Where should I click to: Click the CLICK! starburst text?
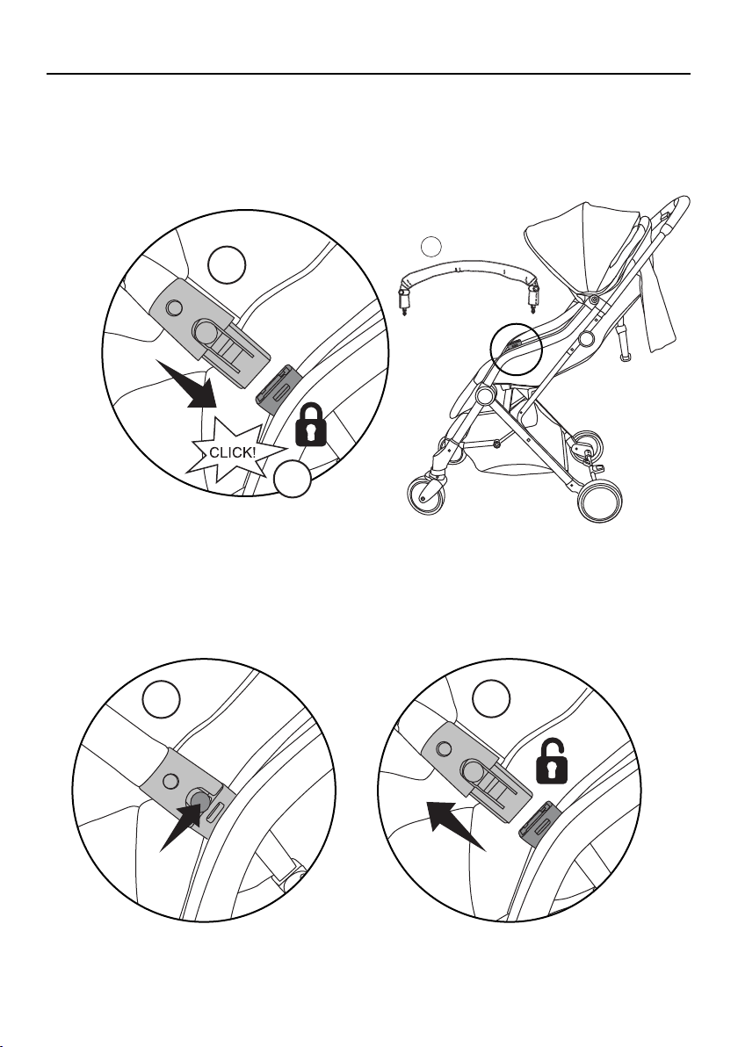click(233, 452)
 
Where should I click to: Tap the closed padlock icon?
click(310, 424)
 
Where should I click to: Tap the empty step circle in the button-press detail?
click(162, 699)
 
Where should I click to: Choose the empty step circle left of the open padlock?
click(491, 699)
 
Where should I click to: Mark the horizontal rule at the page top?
click(368, 74)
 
